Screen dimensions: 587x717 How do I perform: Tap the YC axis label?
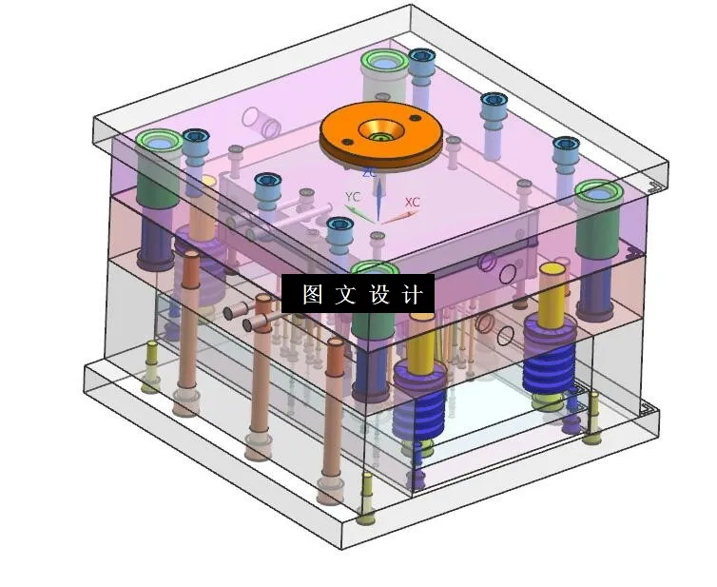point(352,197)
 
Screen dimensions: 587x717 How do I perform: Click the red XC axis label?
point(412,203)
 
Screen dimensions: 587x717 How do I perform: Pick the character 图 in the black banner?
point(312,294)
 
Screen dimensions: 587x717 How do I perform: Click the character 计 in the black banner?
point(412,294)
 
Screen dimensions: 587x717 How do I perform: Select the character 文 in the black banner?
point(345,294)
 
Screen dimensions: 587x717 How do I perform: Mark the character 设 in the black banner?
point(378,294)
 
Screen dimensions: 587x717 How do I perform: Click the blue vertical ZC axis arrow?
point(378,200)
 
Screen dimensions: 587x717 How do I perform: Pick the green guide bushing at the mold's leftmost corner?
point(158,143)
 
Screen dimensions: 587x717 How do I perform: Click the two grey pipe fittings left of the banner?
point(249,314)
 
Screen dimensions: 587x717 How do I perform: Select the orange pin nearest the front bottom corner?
point(333,419)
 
